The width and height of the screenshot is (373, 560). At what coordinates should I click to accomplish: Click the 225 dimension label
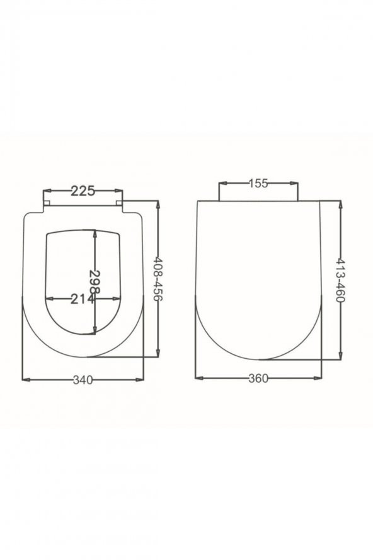(83, 191)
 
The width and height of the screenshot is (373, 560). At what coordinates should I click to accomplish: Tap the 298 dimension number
(95, 281)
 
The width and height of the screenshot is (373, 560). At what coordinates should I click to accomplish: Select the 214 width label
(83, 299)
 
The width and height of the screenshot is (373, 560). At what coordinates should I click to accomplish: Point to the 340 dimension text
(83, 380)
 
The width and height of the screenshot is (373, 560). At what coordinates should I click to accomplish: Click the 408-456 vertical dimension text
(158, 279)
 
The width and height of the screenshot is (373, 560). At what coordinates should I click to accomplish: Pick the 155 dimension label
(258, 184)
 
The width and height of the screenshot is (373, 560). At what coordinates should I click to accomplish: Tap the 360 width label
(258, 378)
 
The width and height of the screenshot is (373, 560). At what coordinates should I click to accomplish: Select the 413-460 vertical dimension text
(340, 280)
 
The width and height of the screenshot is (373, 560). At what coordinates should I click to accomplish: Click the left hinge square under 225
(47, 203)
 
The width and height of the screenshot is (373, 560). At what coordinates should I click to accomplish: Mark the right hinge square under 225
(119, 203)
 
